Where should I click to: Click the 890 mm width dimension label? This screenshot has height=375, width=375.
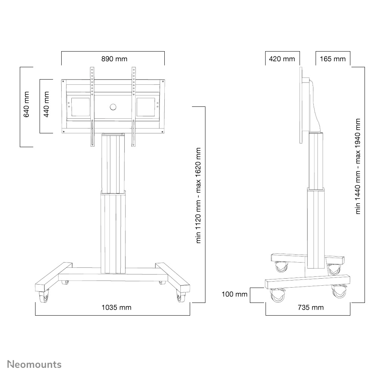pyautogui.click(x=114, y=59)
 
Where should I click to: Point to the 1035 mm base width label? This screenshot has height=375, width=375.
pyautogui.click(x=117, y=307)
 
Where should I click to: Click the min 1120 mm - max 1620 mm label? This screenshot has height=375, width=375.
pyautogui.click(x=199, y=196)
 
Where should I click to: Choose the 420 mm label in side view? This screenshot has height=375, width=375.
pyautogui.click(x=282, y=59)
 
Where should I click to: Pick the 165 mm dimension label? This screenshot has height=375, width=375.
pyautogui.click(x=333, y=59)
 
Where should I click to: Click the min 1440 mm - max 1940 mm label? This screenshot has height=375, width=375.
pyautogui.click(x=358, y=166)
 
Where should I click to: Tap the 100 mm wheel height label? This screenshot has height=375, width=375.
pyautogui.click(x=235, y=294)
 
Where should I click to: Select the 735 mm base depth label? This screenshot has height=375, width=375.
pyautogui.click(x=310, y=307)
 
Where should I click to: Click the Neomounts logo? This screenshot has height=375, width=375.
pyautogui.click(x=34, y=364)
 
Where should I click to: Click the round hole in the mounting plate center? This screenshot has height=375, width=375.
pyautogui.click(x=113, y=107)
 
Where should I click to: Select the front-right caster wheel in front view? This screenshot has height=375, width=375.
pyautogui.click(x=181, y=297)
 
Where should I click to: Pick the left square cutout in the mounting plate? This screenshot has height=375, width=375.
pyautogui.click(x=78, y=107)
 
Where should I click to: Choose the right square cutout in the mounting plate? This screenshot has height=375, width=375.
pyautogui.click(x=145, y=107)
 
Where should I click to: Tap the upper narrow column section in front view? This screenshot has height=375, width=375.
pyautogui.click(x=113, y=162)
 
